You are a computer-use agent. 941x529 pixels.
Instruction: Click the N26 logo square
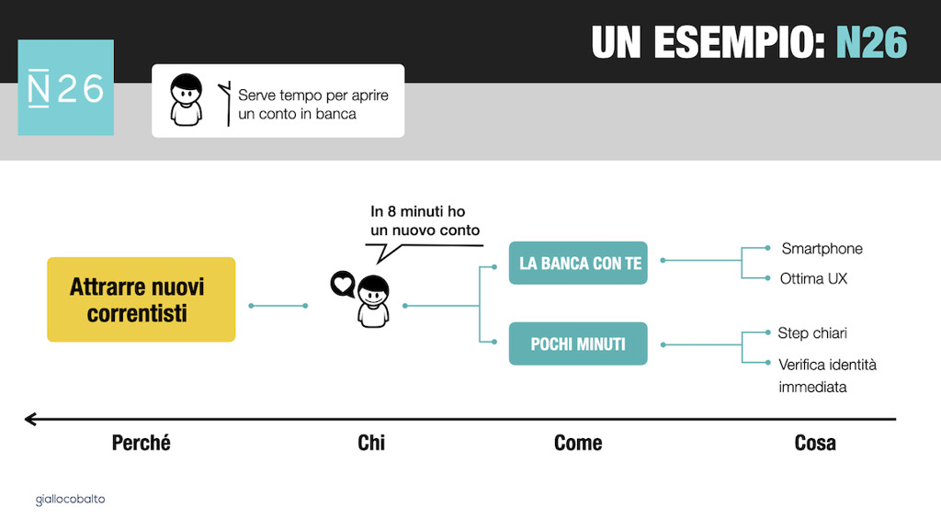coord(66,87)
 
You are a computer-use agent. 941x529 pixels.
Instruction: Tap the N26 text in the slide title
coord(871,42)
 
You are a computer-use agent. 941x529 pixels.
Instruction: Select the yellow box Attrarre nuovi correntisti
coord(141,300)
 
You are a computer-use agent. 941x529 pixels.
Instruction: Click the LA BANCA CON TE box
coord(578,263)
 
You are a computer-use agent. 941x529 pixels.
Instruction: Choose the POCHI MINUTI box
coord(578,343)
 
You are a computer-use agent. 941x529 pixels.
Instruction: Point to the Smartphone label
coord(822,249)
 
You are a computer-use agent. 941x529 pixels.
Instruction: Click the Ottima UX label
coord(814,278)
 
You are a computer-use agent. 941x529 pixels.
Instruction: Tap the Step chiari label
coord(812,332)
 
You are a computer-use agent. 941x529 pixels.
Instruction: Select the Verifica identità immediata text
coord(828,376)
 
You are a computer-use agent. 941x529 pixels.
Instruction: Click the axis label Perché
coord(141,443)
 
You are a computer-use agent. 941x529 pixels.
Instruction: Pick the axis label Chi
coord(371,443)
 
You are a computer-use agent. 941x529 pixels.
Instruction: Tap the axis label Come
coord(578,443)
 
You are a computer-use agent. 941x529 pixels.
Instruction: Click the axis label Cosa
coord(815,443)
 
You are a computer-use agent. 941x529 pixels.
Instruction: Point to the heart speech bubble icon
coord(343,284)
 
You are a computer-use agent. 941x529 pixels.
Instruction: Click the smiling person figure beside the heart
coord(373,301)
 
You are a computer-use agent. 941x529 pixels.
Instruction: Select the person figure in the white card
coord(186,100)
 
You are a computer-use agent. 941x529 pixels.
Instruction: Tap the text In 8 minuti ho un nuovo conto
coord(425,220)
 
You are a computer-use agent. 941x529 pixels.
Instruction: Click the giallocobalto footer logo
coord(70,499)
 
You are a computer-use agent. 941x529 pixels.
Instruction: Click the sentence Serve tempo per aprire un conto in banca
coord(313,105)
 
